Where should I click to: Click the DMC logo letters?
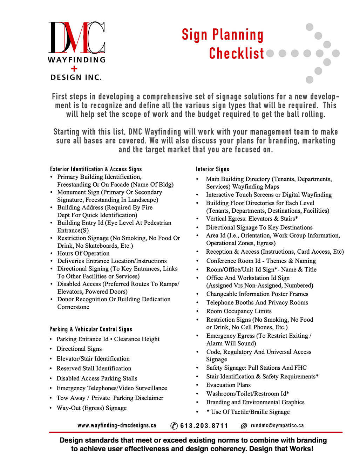point(77,37)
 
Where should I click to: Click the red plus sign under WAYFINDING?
point(74,69)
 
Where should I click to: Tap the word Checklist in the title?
point(237,54)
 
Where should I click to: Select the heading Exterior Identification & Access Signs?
point(96,169)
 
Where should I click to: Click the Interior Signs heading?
point(212,169)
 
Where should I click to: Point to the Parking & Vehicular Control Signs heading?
point(91,329)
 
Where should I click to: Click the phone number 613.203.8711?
point(204,426)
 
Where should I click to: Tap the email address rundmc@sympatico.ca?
point(277,426)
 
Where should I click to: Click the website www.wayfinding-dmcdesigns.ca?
point(117,425)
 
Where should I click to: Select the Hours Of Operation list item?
point(83,253)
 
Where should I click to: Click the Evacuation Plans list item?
point(229,385)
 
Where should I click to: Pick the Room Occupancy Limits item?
point(239,311)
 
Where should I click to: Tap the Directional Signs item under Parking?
point(79,349)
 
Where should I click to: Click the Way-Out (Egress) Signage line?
point(92,408)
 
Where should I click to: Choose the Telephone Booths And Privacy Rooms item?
point(257,302)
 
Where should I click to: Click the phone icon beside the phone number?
point(174,426)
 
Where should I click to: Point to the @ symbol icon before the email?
point(244,426)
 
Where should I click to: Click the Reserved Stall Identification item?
point(94,369)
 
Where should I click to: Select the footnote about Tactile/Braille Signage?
point(248,412)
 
